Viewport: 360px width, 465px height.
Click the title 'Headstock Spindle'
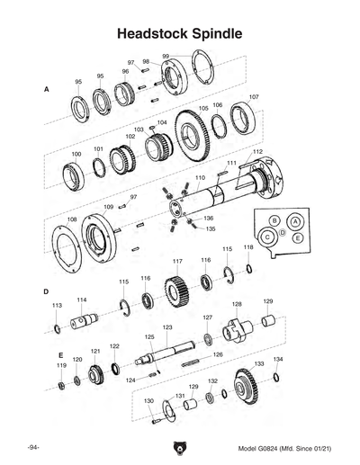[x=180, y=33]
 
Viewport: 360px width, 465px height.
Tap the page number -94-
[x=32, y=447]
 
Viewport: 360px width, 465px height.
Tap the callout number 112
[x=257, y=152]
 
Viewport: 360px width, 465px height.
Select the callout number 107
[x=254, y=96]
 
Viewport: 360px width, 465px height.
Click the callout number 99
[x=166, y=57]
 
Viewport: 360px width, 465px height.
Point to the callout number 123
[x=167, y=327]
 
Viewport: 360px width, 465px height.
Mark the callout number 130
[x=148, y=401]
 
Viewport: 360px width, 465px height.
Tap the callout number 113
[x=57, y=306]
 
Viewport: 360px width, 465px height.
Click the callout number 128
[x=237, y=304]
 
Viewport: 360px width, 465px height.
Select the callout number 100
[x=76, y=155]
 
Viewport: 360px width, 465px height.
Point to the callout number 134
[x=278, y=359]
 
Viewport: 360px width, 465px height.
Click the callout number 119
[x=61, y=366]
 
